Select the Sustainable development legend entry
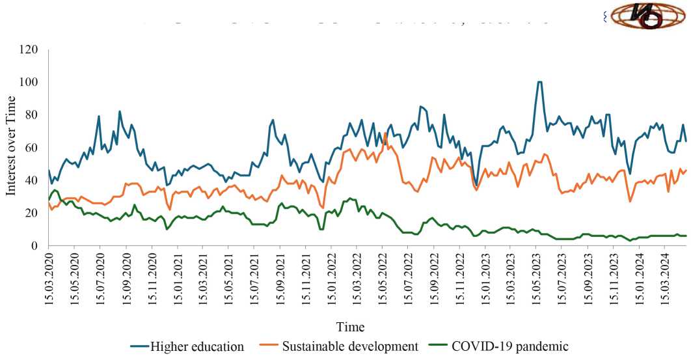point(349,346)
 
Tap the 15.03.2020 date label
point(49,279)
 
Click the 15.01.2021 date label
point(177,279)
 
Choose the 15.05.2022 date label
point(382,279)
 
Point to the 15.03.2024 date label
point(664,279)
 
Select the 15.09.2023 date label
point(588,279)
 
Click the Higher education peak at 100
point(539,82)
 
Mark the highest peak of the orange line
point(385,133)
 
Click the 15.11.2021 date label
point(305,279)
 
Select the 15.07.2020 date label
point(100,279)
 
